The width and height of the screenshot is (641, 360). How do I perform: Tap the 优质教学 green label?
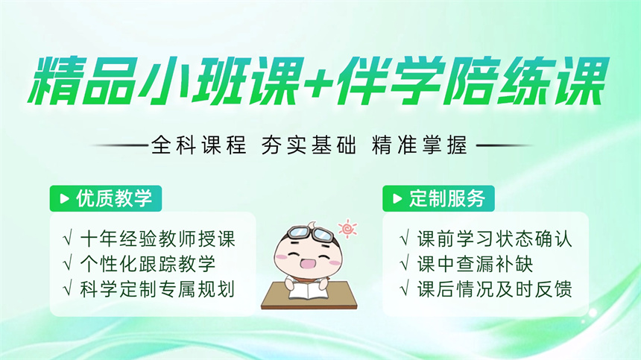click(106, 198)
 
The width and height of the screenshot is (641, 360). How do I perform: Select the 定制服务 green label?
click(439, 198)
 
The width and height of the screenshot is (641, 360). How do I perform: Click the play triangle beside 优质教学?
click(64, 198)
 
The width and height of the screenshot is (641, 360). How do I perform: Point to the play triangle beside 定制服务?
click(397, 198)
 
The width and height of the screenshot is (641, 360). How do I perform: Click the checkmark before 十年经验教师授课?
click(68, 239)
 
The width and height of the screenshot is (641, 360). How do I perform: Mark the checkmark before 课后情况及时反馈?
click(405, 289)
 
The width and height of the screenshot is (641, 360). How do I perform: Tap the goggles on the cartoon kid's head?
click(311, 233)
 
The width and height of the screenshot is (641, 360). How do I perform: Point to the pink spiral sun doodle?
click(347, 228)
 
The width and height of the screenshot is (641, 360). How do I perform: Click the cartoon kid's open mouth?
click(306, 262)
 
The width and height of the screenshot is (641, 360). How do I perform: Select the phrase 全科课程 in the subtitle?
click(199, 145)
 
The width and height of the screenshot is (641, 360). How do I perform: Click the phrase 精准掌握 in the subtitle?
click(420, 145)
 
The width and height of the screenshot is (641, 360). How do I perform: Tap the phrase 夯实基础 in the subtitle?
click(309, 145)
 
